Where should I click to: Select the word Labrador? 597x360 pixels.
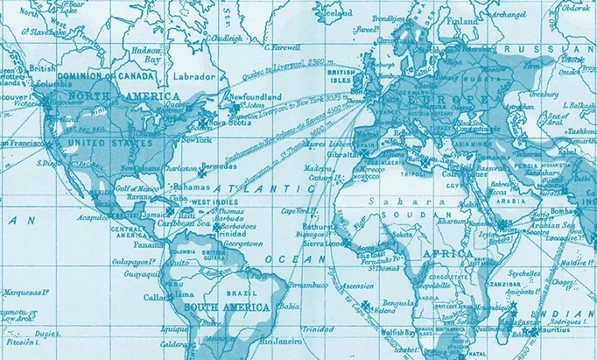click(x=194, y=77)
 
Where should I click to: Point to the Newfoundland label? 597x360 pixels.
click(x=260, y=97)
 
